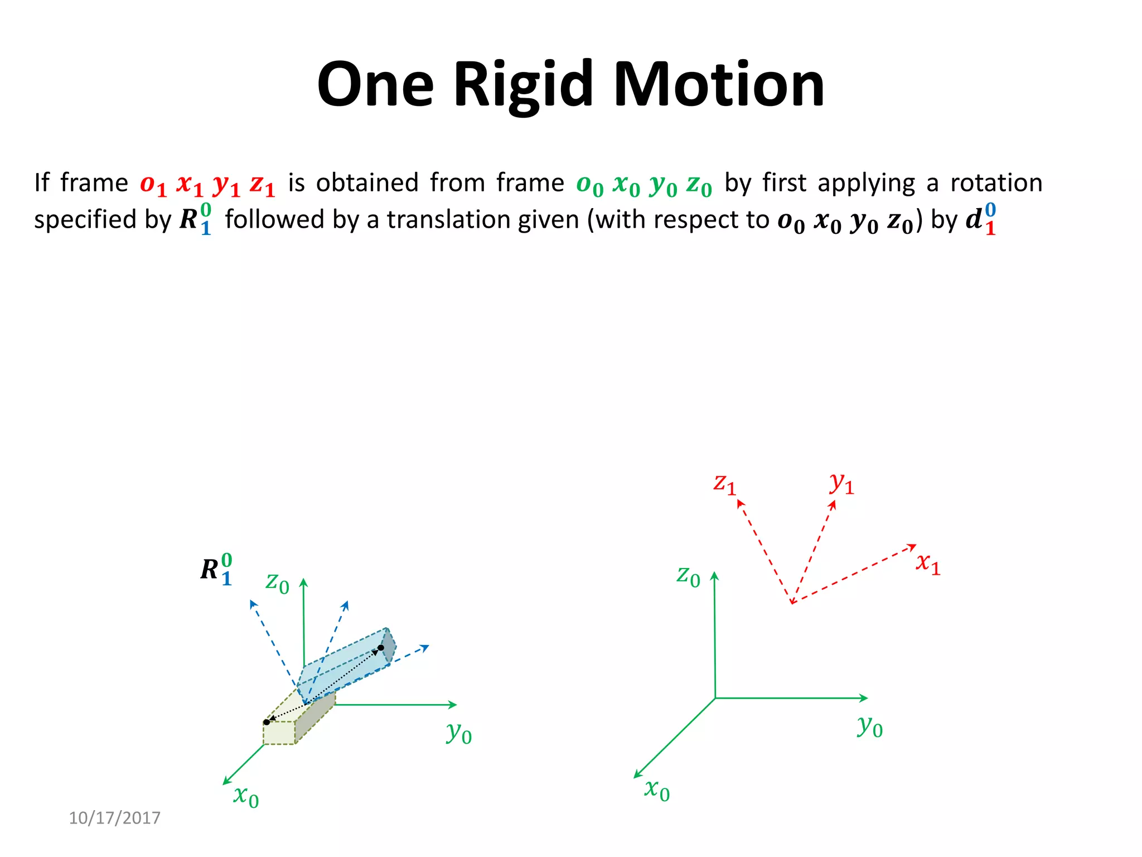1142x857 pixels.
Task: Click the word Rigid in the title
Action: coord(522,85)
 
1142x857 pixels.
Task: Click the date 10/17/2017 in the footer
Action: coord(114,818)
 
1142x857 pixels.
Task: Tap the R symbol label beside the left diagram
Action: coord(216,569)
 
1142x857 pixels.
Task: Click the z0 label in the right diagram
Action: coord(688,576)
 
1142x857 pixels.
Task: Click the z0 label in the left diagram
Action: coord(277,582)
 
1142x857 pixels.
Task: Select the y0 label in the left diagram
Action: coord(459,733)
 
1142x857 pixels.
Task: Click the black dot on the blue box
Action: coord(381,648)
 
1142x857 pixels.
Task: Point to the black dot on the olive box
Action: coord(267,722)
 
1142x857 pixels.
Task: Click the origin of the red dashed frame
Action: coord(792,603)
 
